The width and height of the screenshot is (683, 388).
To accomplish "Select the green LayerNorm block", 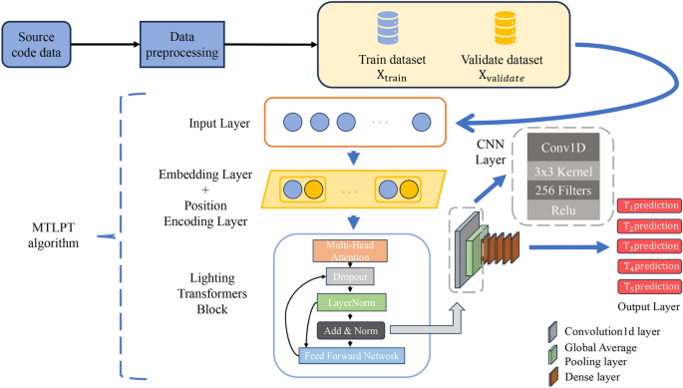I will coord(351,302).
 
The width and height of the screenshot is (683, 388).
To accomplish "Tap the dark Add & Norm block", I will coord(351,328).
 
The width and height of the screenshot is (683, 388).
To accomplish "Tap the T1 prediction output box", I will coord(650,205).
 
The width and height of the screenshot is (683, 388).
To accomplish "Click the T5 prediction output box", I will coord(650,287).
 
